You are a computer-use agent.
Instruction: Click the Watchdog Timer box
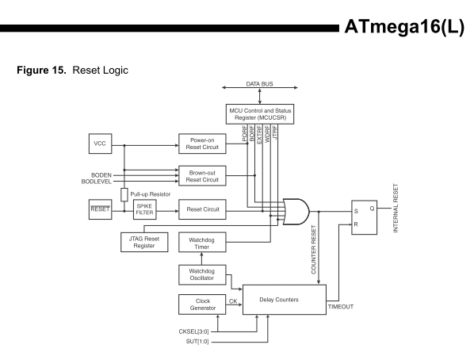(201, 242)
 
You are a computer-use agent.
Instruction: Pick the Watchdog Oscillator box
(201, 274)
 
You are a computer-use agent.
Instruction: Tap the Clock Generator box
(201, 304)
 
